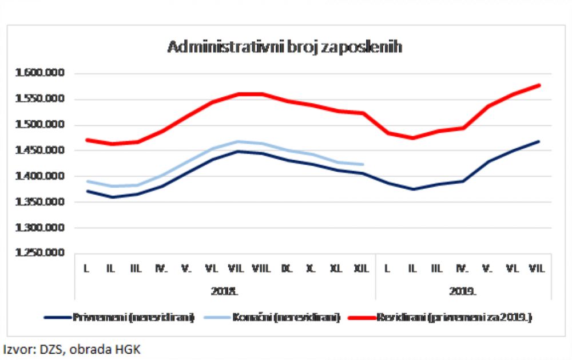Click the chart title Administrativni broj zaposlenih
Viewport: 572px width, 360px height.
click(x=284, y=47)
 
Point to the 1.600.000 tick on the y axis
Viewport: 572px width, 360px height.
click(x=41, y=73)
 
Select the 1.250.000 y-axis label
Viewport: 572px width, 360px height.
click(x=41, y=254)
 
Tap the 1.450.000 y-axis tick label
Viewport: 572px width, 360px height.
click(x=41, y=151)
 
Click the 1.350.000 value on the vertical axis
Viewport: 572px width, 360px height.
click(x=41, y=202)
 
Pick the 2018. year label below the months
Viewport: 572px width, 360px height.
click(x=224, y=291)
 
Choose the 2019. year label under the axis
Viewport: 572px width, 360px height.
click(x=462, y=291)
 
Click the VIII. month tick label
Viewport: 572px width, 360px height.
click(x=261, y=267)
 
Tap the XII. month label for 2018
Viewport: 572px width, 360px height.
click(x=362, y=267)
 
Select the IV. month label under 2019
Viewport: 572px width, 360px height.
click(x=462, y=267)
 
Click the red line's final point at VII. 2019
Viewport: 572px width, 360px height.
click(x=539, y=85)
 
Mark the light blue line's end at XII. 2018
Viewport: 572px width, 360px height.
click(x=363, y=164)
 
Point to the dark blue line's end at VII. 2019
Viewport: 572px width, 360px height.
click(x=539, y=141)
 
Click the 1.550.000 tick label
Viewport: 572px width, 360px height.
click(x=41, y=99)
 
